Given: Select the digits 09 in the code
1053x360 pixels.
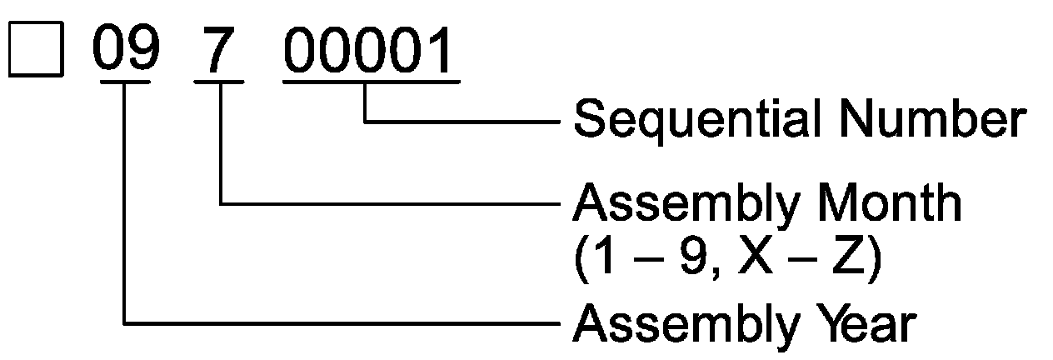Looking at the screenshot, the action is click(125, 51).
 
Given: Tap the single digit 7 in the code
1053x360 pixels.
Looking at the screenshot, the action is click(219, 51).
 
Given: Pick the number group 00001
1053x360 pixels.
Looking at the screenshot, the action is click(371, 51).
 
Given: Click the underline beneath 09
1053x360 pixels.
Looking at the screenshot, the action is click(125, 82).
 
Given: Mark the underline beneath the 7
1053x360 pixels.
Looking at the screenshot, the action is click(219, 82).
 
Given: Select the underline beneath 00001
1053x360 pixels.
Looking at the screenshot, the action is click(371, 82).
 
